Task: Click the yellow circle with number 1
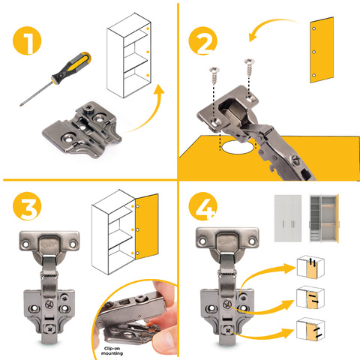click(x=27, y=40)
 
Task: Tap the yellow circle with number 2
click(x=202, y=40)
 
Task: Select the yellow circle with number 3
click(x=27, y=206)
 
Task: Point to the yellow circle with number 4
click(x=202, y=206)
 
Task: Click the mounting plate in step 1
click(x=82, y=130)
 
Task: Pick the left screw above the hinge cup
click(x=214, y=75)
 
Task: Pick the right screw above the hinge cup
click(x=250, y=67)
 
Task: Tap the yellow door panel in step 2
click(x=322, y=50)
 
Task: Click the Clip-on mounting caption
click(x=112, y=351)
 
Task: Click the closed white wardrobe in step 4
click(x=288, y=218)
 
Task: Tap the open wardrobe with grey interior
click(x=324, y=218)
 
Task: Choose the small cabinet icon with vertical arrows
click(x=310, y=267)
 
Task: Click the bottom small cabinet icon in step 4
click(x=310, y=329)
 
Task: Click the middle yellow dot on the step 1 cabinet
click(x=148, y=52)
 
